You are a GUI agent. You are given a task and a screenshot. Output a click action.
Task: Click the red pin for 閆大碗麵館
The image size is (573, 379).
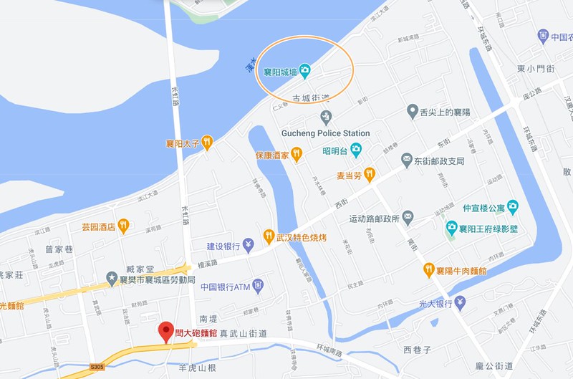pos(165,330)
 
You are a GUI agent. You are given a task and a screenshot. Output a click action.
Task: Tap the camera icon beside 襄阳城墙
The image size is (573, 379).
pos(305,69)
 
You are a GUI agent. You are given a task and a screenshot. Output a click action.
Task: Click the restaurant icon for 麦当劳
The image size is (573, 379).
pos(369,173)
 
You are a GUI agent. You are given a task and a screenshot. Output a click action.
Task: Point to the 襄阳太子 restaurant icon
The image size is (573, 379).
pos(207,142)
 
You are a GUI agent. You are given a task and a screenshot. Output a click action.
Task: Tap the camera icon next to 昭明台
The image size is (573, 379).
pos(356,150)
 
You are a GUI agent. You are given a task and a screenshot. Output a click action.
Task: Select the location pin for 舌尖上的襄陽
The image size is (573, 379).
pos(413,111)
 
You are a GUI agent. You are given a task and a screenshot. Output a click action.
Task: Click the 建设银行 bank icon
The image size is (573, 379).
pos(248,246)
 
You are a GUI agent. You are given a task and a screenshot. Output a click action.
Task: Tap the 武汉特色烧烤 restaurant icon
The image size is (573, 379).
pos(269,235)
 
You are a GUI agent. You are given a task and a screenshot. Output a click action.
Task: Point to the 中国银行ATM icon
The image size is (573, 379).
pos(258,287)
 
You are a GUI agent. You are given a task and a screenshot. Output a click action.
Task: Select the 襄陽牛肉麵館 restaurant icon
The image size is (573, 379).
pos(429,270)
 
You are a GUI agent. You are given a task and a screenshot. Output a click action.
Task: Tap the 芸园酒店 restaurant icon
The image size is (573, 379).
pos(123,226)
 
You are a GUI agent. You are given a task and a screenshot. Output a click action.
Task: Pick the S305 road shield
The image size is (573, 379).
pos(97,366)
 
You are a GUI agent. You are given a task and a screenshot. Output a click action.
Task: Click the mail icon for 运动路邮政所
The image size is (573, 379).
pos(408,216)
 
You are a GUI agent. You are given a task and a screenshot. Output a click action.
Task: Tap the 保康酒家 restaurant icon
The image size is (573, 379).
pos(297,154)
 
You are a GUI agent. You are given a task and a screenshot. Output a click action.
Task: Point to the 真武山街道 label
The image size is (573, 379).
pos(244,332)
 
